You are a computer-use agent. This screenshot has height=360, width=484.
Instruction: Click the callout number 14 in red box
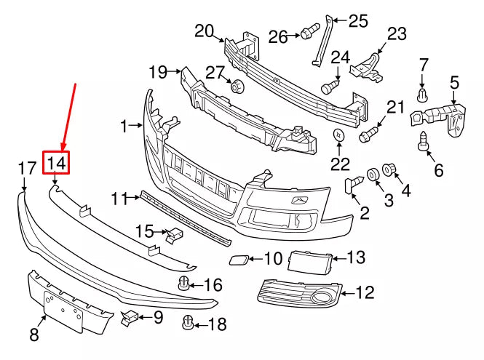tap(57, 164)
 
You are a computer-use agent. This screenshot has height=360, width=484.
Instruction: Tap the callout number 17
tap(27, 169)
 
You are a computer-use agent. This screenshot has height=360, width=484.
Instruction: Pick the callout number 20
tap(205, 31)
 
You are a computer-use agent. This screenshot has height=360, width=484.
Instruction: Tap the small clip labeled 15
tap(175, 234)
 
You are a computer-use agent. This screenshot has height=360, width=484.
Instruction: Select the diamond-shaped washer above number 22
tap(339, 135)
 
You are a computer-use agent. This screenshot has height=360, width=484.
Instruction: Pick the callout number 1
tap(124, 126)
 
